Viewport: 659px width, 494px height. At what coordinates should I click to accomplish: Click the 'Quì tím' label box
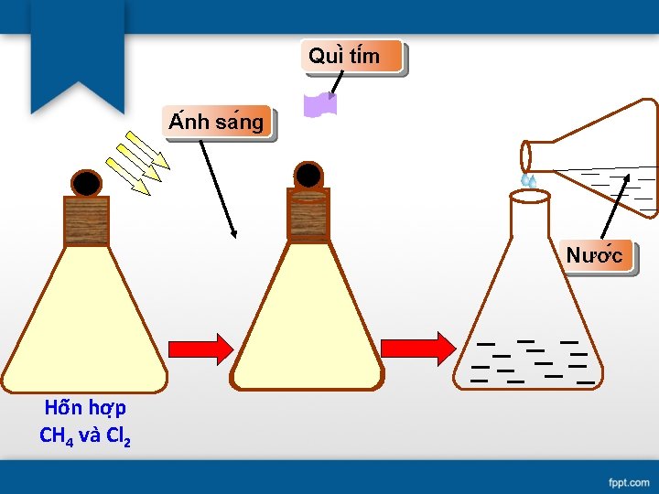(352, 56)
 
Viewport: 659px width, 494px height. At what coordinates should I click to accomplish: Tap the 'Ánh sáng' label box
(217, 121)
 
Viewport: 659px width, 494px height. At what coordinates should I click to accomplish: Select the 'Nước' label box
(596, 254)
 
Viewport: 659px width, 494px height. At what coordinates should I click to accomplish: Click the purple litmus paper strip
(320, 105)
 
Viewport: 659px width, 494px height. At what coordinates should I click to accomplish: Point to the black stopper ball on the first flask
(86, 184)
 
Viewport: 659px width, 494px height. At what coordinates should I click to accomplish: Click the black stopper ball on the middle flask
(308, 175)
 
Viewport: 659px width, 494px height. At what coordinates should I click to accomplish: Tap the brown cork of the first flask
(86, 221)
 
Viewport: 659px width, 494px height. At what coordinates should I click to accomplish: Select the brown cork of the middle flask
(308, 214)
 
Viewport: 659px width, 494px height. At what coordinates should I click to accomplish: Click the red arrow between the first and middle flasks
(201, 349)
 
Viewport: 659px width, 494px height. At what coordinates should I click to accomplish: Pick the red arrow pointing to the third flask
(417, 349)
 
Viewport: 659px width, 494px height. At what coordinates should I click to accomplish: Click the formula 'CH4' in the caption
(57, 435)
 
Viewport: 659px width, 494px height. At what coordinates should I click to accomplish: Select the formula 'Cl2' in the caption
(118, 435)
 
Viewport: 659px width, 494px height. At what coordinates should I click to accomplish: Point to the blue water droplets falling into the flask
(528, 180)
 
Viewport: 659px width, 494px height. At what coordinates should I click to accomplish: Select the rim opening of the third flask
(530, 195)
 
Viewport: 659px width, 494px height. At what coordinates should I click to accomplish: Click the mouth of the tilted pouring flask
(526, 156)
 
